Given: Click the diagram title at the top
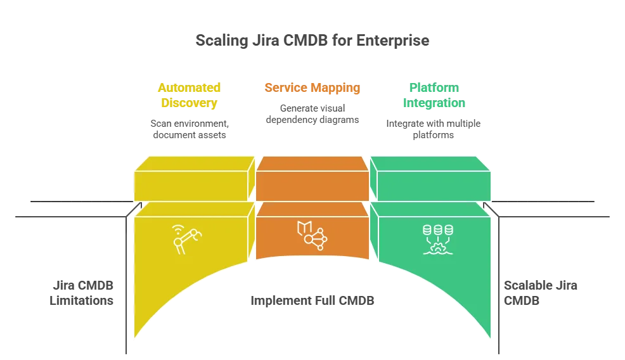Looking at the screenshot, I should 312,40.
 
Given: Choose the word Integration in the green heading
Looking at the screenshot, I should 434,103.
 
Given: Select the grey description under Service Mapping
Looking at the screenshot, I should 312,113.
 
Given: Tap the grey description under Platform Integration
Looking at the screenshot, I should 434,129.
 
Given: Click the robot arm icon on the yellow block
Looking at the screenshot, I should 188,240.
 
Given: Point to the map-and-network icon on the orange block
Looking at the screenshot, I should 311,235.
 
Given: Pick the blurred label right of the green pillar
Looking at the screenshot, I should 531,293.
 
